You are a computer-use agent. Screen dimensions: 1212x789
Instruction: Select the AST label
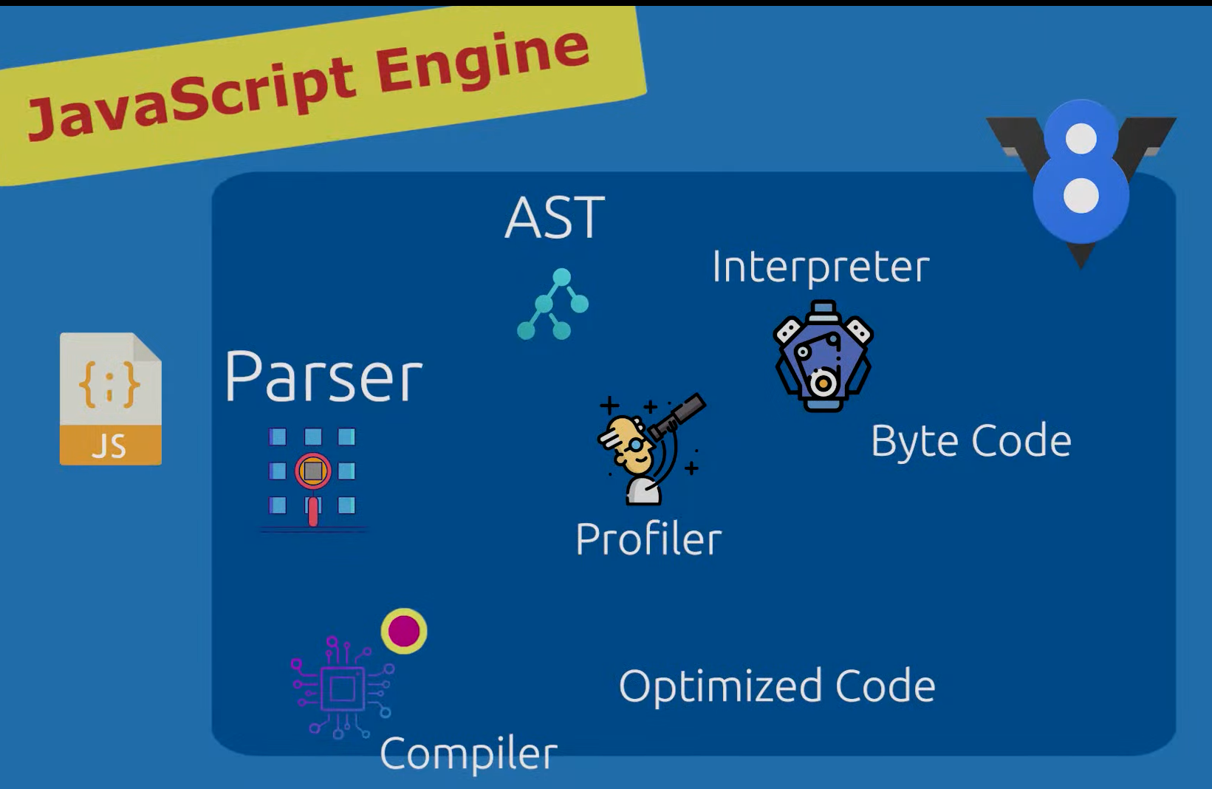point(555,218)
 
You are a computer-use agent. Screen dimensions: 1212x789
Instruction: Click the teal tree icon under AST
point(553,304)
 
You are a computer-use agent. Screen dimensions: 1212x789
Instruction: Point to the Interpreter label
point(820,267)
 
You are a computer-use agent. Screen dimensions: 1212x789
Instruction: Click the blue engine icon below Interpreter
point(823,355)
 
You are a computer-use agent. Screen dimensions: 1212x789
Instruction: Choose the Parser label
point(323,377)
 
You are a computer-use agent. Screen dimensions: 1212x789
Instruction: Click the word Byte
point(915,442)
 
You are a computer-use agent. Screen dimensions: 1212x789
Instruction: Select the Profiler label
point(648,539)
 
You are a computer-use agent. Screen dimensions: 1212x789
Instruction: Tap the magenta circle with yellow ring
point(404,631)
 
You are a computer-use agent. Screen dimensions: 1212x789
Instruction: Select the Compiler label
point(468,754)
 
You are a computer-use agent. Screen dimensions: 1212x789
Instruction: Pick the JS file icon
point(111,399)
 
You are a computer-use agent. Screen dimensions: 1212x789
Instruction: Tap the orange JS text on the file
point(109,446)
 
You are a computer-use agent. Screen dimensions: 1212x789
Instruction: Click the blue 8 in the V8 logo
point(1081,171)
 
